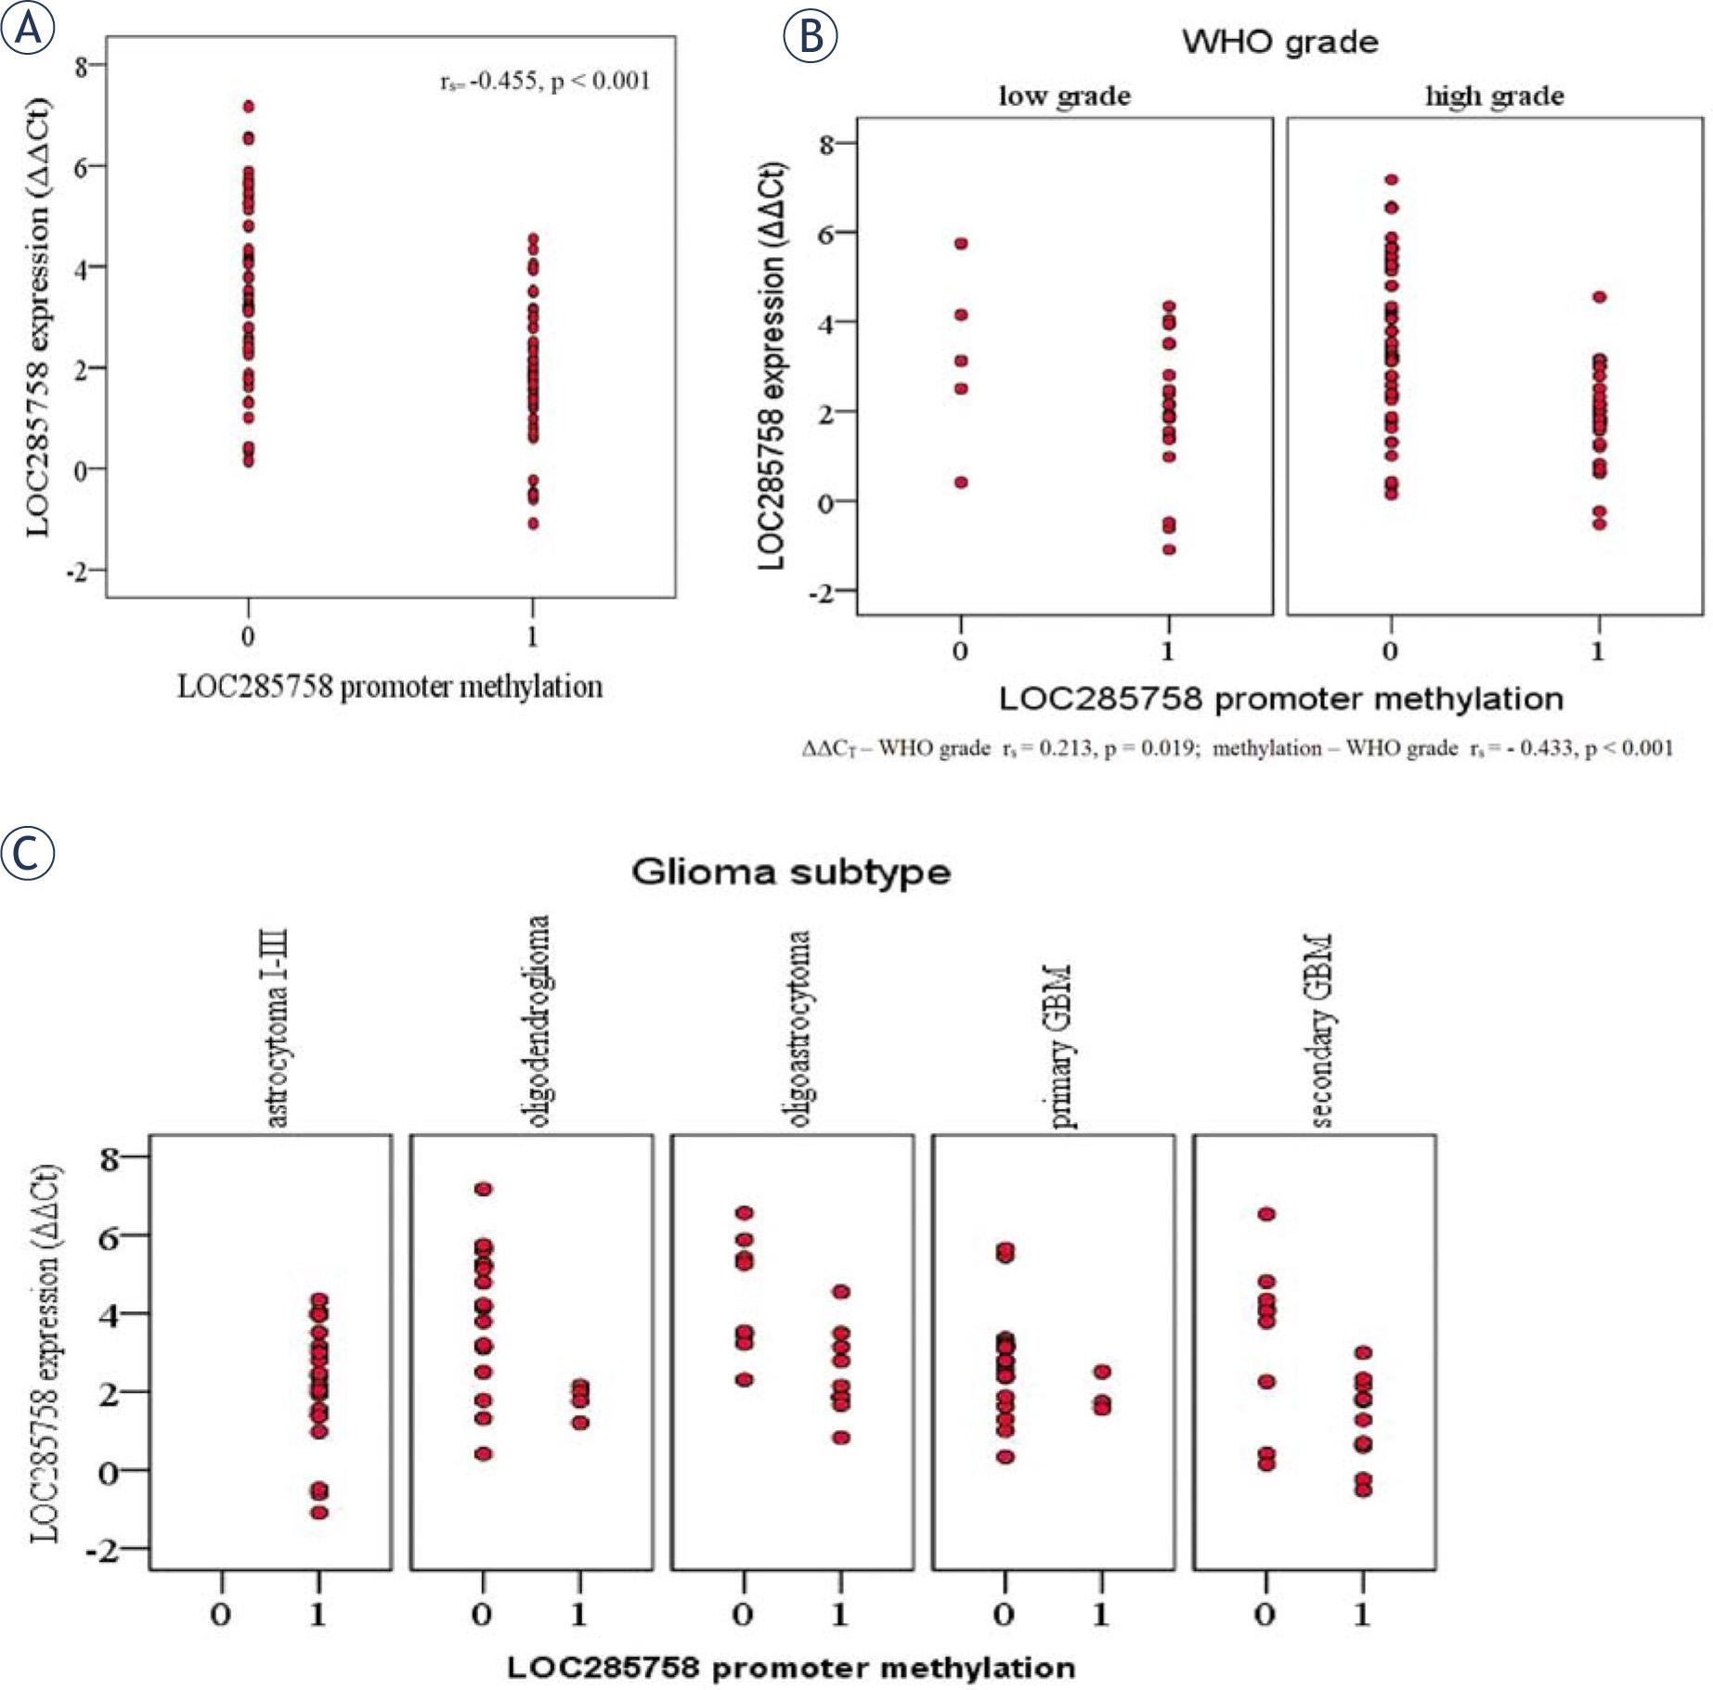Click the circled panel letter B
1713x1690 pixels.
811,36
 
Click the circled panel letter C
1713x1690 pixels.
28,854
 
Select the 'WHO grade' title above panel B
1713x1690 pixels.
1279,42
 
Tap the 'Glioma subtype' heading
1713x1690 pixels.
791,872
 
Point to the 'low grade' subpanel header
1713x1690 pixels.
1064,96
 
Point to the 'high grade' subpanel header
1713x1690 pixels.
1494,96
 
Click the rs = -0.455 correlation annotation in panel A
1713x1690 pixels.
545,82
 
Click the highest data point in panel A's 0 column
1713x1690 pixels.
248,107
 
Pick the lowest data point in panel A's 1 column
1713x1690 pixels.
533,523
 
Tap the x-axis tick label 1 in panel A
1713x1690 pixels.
533,637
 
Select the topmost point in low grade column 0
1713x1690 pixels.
961,243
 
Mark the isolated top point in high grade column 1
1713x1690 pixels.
1599,297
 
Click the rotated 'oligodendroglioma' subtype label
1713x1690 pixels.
538,1021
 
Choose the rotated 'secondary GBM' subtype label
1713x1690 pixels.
1322,1030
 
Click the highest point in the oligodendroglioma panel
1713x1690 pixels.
483,1189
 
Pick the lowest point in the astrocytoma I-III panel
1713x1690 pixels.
318,1513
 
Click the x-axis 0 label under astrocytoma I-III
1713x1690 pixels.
220,1615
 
